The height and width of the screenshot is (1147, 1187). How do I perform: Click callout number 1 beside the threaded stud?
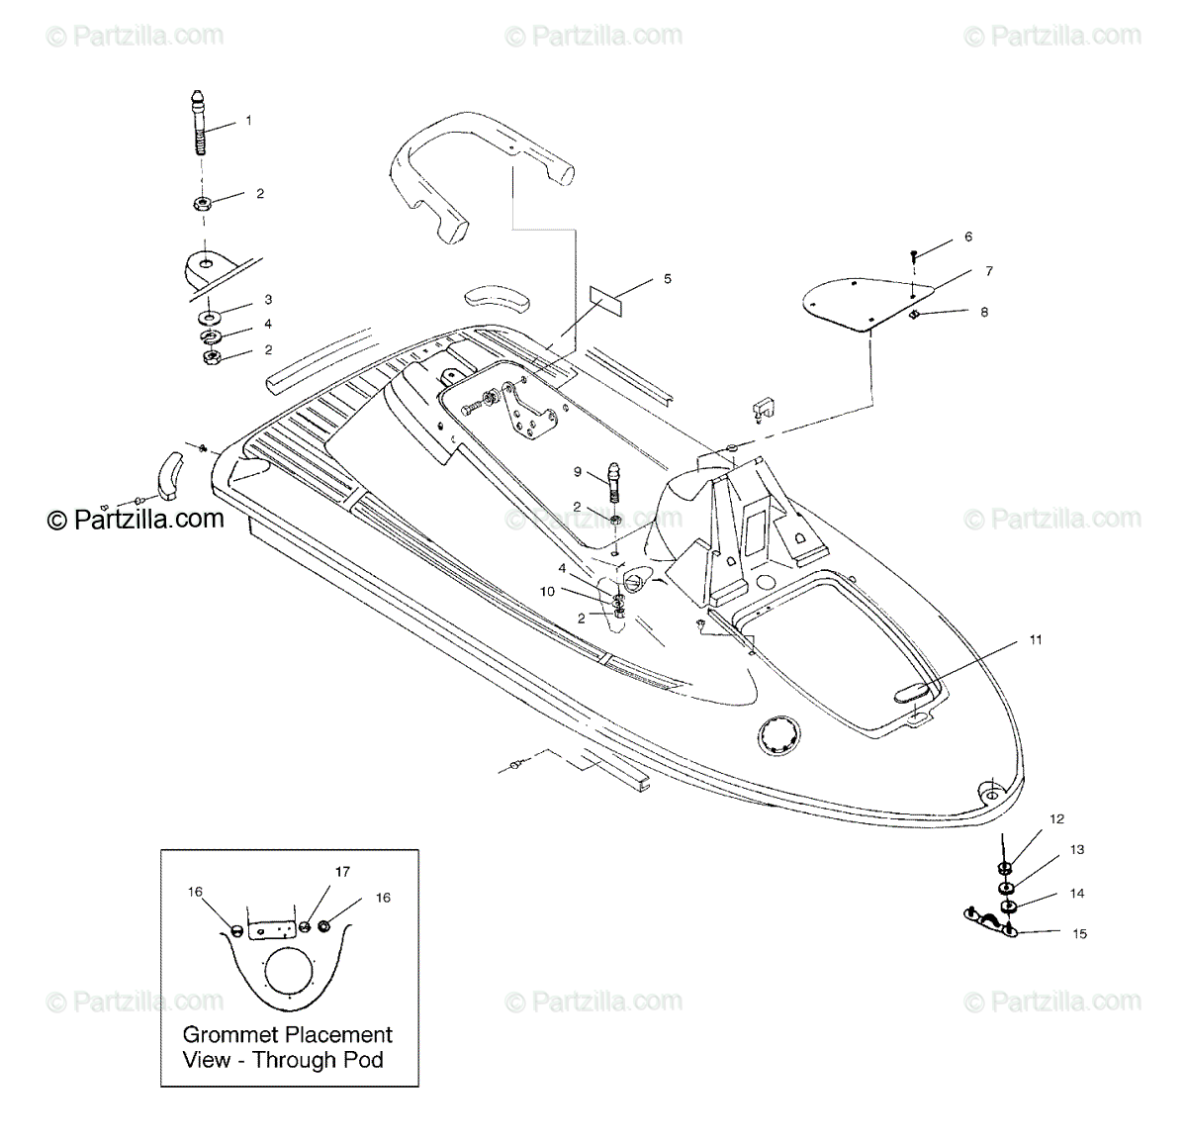click(x=248, y=121)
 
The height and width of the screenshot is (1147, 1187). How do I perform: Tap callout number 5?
click(x=668, y=279)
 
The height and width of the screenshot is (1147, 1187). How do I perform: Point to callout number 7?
click(x=988, y=271)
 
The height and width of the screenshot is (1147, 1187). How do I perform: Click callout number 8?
click(x=984, y=312)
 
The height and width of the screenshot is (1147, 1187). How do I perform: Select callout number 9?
click(x=577, y=473)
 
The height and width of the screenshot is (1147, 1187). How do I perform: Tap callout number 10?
click(x=547, y=591)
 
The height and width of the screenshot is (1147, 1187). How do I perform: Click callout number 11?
click(x=1036, y=640)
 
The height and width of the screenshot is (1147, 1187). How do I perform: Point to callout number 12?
click(x=1057, y=818)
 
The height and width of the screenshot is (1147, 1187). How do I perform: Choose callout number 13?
click(x=1077, y=849)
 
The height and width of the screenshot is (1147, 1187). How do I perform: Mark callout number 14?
click(x=1077, y=893)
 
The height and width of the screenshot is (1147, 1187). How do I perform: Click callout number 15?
click(x=1079, y=933)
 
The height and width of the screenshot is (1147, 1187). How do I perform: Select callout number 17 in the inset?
click(x=342, y=872)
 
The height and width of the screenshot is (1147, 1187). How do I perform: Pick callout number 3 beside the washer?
click(x=267, y=300)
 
